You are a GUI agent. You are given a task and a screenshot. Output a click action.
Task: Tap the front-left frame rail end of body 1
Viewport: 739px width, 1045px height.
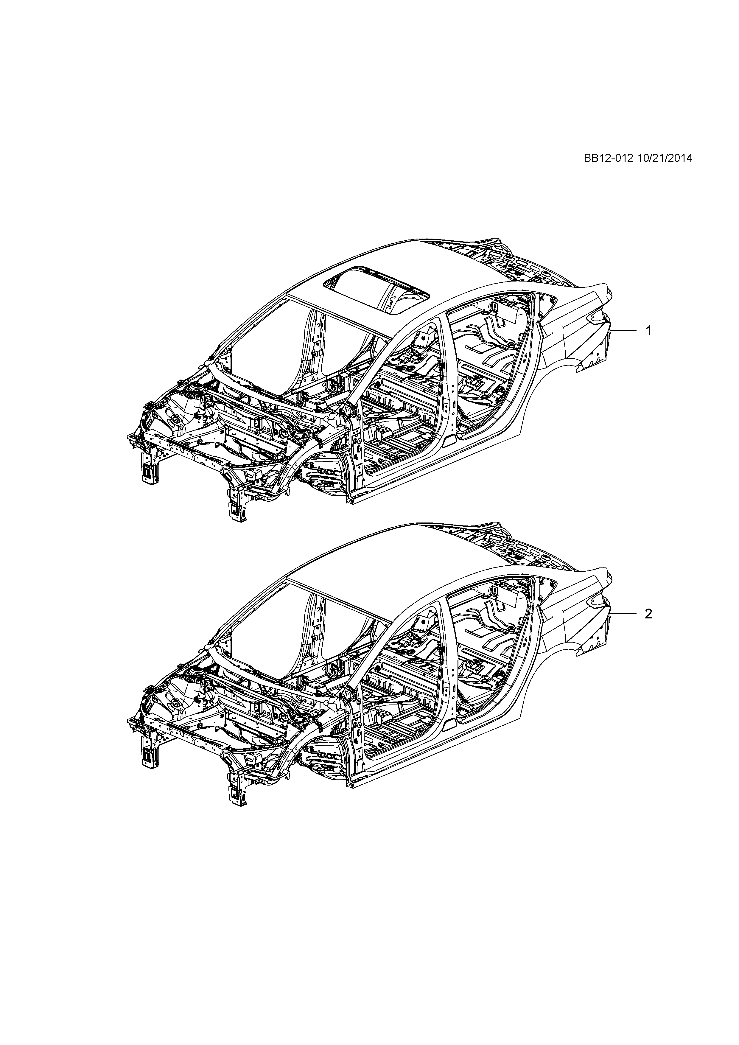[x=149, y=469]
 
